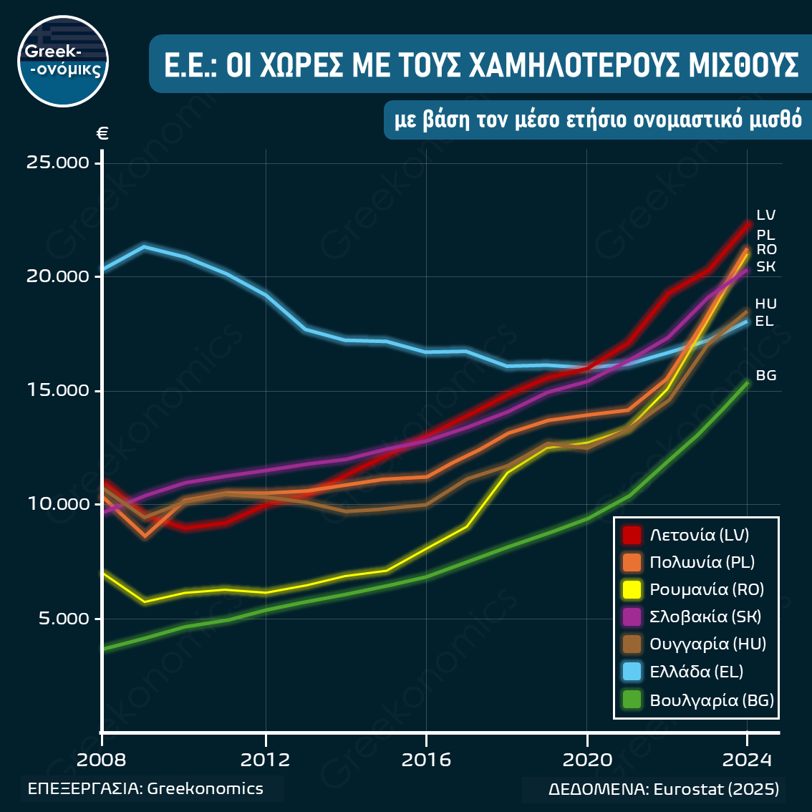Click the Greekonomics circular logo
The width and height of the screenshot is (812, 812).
click(x=63, y=62)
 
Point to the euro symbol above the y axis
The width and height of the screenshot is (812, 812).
click(x=102, y=133)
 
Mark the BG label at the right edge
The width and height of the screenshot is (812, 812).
click(x=766, y=376)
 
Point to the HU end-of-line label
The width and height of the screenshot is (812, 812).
click(x=765, y=304)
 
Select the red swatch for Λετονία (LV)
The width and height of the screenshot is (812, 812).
click(x=632, y=535)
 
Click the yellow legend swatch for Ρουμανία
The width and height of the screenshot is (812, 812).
click(x=632, y=589)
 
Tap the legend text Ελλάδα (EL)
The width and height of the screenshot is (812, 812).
click(x=696, y=672)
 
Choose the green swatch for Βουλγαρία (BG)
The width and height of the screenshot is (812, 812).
click(x=632, y=700)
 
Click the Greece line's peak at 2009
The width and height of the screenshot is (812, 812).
click(x=145, y=247)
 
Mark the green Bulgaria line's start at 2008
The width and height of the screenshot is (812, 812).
click(x=105, y=649)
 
